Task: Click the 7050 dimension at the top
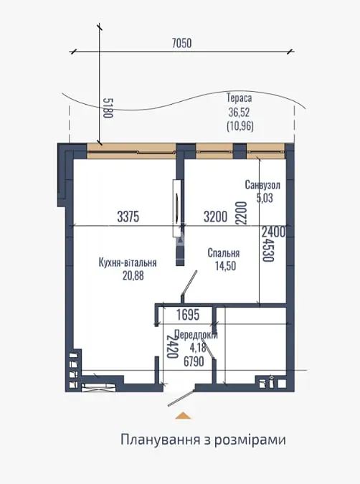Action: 181,43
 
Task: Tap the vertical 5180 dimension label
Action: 108,108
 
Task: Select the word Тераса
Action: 240,98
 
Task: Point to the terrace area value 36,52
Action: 239,112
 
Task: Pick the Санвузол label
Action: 262,185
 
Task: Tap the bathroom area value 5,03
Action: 265,198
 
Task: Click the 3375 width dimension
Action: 128,217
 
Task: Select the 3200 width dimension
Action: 215,217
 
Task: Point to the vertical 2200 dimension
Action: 242,213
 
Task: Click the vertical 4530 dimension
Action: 268,250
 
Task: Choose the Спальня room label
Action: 224,253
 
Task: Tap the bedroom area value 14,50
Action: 225,266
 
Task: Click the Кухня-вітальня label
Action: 128,262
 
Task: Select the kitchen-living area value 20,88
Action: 133,275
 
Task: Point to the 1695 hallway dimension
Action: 188,315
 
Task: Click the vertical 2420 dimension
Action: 172,346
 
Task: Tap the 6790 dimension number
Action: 194,361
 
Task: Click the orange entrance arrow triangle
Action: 183,415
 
